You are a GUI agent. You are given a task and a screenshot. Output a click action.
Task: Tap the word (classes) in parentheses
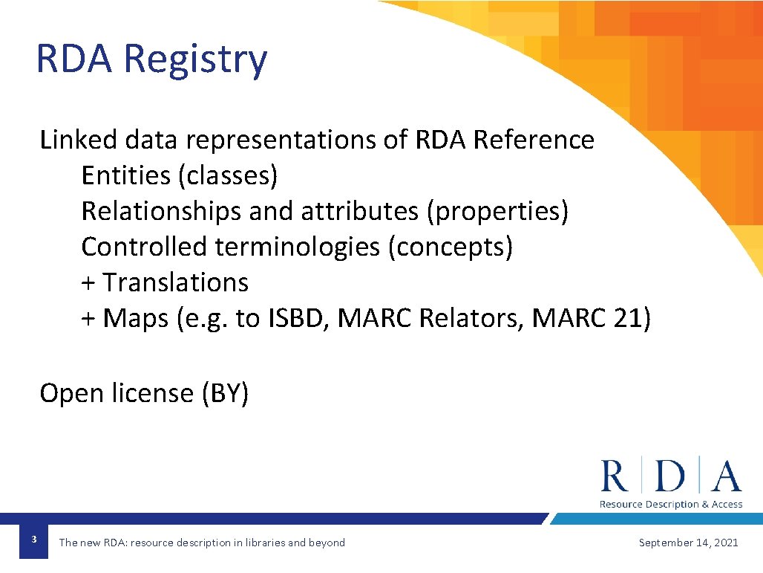[x=228, y=175]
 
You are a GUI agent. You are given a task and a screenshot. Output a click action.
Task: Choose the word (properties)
[x=497, y=211]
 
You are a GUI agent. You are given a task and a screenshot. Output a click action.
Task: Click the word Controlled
[x=144, y=247]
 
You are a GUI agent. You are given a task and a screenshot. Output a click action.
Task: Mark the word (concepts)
[x=450, y=247]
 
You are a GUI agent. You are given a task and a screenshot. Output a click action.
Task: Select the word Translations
[x=176, y=282]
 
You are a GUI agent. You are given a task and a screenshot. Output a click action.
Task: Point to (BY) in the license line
[x=225, y=393]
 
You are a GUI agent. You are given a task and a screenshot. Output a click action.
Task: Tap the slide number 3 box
[x=34, y=539]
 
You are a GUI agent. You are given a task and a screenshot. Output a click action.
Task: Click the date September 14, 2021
[x=688, y=543]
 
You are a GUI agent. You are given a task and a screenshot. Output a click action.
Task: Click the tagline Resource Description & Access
[x=670, y=505]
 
